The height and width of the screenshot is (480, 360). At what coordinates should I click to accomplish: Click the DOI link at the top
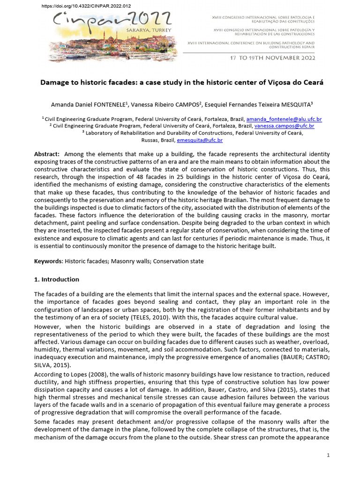(80, 6)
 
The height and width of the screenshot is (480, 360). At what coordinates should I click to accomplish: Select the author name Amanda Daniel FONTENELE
(89, 104)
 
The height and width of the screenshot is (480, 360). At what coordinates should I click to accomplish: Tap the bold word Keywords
(48, 261)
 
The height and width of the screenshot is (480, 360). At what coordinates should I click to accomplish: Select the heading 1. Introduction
(57, 279)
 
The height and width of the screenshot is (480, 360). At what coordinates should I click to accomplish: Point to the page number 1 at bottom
(328, 455)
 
